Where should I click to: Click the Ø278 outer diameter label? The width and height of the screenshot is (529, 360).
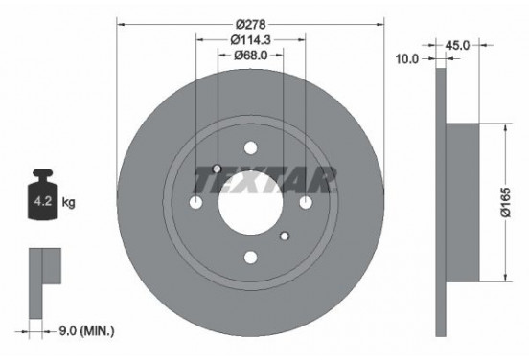(251, 25)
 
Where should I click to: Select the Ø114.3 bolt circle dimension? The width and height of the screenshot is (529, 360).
(251, 40)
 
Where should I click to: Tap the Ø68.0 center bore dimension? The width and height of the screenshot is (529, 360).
(251, 56)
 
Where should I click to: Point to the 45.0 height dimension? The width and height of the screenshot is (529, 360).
(457, 45)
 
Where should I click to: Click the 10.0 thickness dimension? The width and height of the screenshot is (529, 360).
(407, 59)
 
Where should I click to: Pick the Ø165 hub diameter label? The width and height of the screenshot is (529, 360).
(505, 202)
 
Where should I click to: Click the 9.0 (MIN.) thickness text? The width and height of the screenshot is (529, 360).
(86, 331)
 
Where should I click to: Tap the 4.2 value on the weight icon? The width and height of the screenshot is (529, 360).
(43, 202)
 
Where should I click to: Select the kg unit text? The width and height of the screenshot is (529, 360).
(68, 202)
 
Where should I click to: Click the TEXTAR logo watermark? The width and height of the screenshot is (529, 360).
(264, 180)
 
